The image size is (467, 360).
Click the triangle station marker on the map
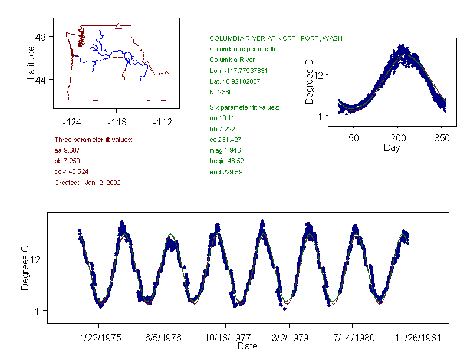(x=119, y=26)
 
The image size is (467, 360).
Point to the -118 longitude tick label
(x=117, y=123)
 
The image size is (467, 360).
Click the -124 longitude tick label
(x=71, y=123)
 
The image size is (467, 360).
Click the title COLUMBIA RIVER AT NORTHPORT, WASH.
(x=277, y=38)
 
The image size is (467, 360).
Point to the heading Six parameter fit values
(x=244, y=107)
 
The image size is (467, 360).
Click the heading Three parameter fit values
(x=93, y=140)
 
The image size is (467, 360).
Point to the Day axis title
(x=391, y=147)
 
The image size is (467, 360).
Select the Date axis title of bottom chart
(x=247, y=346)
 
